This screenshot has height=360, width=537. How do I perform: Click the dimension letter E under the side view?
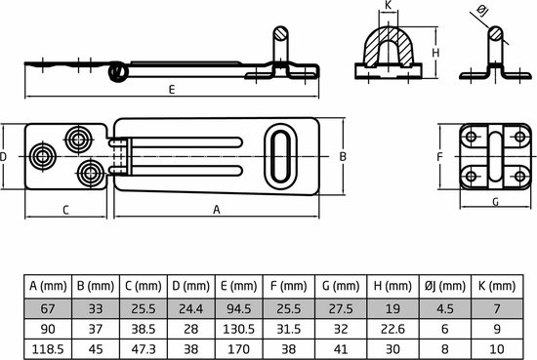(172, 90)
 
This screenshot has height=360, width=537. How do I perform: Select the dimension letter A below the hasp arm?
(216, 209)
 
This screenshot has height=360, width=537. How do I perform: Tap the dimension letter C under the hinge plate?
(65, 209)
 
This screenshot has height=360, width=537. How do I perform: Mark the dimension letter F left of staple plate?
(440, 156)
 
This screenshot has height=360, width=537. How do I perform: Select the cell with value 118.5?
(45, 348)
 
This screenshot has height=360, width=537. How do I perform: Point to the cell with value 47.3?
(141, 348)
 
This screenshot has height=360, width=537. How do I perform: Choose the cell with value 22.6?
(391, 328)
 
